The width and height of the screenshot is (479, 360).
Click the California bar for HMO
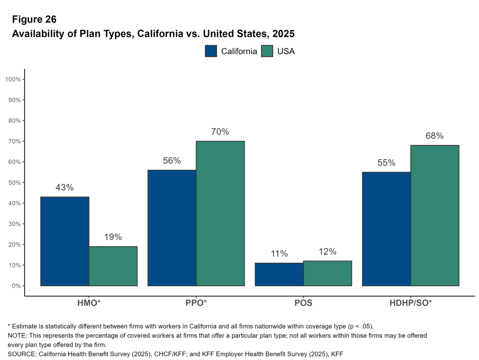pos(65,241)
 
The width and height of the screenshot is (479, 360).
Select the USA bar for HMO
pos(113,266)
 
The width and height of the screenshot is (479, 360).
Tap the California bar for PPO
pos(172,228)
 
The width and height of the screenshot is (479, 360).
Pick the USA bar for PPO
pos(220,213)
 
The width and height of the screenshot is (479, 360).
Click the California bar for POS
pos(279,274)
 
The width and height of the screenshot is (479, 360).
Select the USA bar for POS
pos(327,274)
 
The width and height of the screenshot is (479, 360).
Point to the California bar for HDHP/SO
pos(386,229)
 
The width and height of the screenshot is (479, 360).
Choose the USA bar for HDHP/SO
pos(435,216)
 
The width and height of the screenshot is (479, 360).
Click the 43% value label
pos(65,187)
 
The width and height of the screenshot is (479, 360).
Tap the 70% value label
pos(220,132)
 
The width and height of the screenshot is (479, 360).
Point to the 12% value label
pos(327,252)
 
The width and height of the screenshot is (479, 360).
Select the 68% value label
pos(435,136)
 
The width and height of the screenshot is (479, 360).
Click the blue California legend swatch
pos(211,51)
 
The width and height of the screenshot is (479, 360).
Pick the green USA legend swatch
pos(267,51)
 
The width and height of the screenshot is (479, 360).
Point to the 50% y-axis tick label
pos(14,183)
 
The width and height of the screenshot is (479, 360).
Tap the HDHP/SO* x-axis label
pos(411,302)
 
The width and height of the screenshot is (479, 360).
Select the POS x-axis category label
pos(303,302)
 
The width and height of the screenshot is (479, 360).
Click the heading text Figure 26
pos(34,19)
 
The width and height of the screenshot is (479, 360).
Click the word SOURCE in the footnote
pos(22,354)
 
